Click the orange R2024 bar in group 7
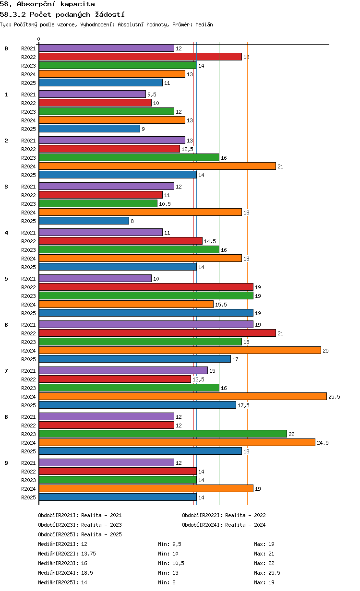[x=182, y=396]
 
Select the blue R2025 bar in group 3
[x=84, y=221]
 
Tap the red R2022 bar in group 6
[x=157, y=333]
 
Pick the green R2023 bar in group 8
[x=163, y=434]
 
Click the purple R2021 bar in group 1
[x=92, y=94]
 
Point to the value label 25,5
[x=334, y=397]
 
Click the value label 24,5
[x=323, y=443]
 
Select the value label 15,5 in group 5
[x=221, y=305]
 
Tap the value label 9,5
[x=152, y=95]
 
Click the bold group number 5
[x=6, y=279]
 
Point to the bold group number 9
[x=6, y=463]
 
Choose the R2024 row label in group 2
[x=28, y=166]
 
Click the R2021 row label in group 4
[x=28, y=233]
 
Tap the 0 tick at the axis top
[x=39, y=39]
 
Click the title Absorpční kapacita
[x=56, y=4]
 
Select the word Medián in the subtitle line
[x=204, y=24]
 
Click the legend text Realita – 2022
[x=245, y=515]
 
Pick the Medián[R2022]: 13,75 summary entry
[x=67, y=554]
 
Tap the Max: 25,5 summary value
[x=267, y=573]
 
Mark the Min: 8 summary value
[x=167, y=582]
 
